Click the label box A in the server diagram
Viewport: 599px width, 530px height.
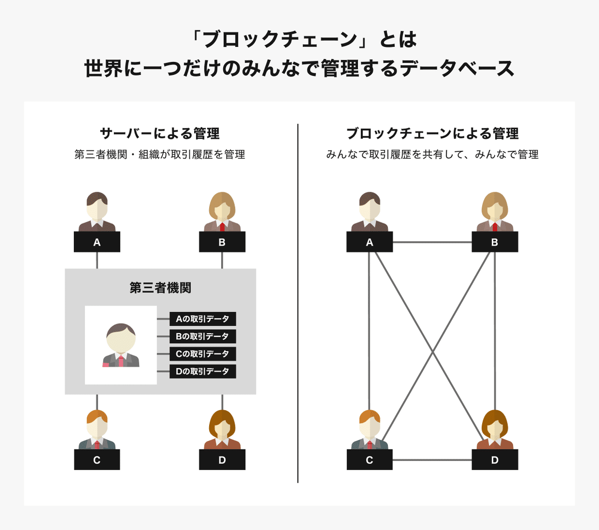pyautogui.click(x=97, y=242)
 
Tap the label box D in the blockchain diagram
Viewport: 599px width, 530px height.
pyautogui.click(x=495, y=460)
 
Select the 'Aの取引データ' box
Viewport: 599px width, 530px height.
pyautogui.click(x=203, y=319)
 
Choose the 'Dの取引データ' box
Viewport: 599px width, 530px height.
pyautogui.click(x=203, y=371)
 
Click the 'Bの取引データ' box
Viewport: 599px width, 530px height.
pyautogui.click(x=203, y=336)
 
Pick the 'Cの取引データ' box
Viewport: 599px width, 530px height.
pyautogui.click(x=203, y=354)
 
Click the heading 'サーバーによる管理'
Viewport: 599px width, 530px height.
pyautogui.click(x=160, y=133)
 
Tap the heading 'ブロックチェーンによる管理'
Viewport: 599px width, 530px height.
pyautogui.click(x=432, y=133)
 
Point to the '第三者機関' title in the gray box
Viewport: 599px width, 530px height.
pyautogui.click(x=160, y=288)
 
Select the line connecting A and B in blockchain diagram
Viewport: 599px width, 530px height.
pyautogui.click(x=432, y=242)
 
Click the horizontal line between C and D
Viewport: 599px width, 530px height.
pyautogui.click(x=432, y=460)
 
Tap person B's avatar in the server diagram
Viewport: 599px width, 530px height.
pyautogui.click(x=222, y=212)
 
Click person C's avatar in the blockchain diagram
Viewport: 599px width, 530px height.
pyautogui.click(x=369, y=430)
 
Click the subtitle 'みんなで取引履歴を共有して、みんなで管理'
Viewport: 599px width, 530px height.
pyautogui.click(x=432, y=155)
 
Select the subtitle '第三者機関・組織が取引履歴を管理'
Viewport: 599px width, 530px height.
pyautogui.click(x=160, y=155)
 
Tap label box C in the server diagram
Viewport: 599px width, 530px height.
pyautogui.click(x=97, y=460)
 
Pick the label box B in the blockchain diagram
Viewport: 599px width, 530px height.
pyautogui.click(x=495, y=242)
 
